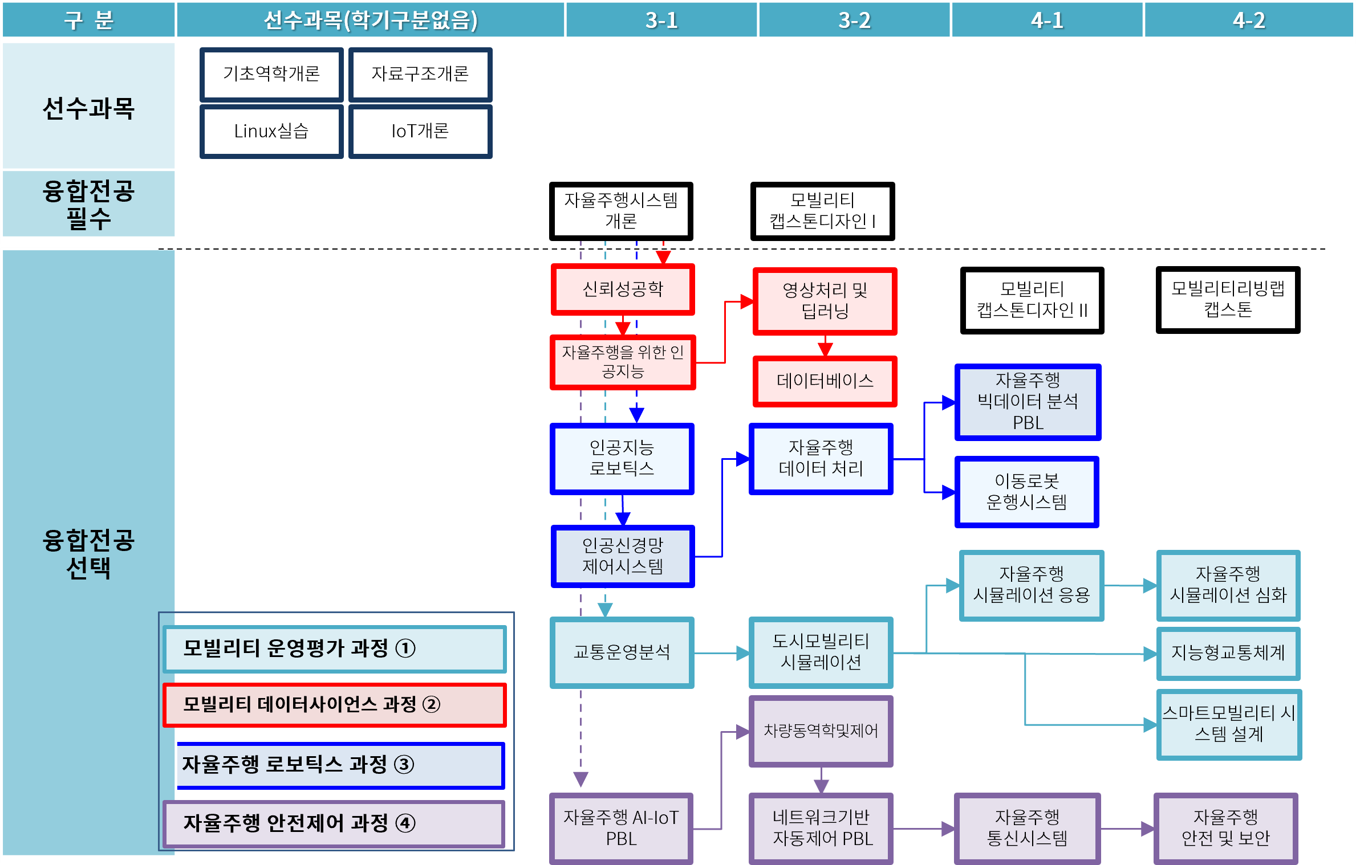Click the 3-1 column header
tap(661, 21)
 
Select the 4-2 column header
tap(1249, 21)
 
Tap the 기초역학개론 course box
tap(271, 74)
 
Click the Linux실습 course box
tap(271, 131)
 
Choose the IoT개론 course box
tap(420, 131)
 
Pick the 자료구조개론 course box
tap(420, 74)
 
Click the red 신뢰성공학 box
tap(623, 289)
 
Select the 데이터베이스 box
tap(825, 381)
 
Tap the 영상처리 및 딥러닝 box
tap(825, 301)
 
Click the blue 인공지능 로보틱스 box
tap(622, 458)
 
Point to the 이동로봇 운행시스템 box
tap(1026, 491)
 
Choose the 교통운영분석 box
tap(622, 652)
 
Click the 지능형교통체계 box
tap(1228, 653)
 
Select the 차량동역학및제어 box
tap(821, 731)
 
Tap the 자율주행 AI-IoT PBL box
tap(621, 827)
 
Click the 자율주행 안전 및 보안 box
tap(1226, 827)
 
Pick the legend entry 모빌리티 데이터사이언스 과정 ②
tap(335, 705)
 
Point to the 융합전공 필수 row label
tap(88, 204)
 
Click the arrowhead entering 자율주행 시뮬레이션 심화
tap(1150, 586)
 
